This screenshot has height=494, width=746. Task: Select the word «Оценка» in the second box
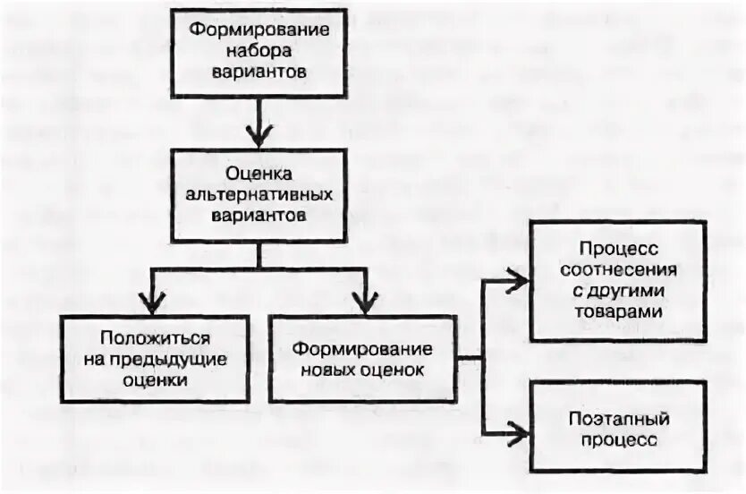(259, 172)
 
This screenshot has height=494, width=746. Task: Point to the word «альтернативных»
(259, 192)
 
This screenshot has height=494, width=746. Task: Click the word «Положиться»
(156, 339)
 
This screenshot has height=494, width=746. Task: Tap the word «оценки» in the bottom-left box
(156, 380)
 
